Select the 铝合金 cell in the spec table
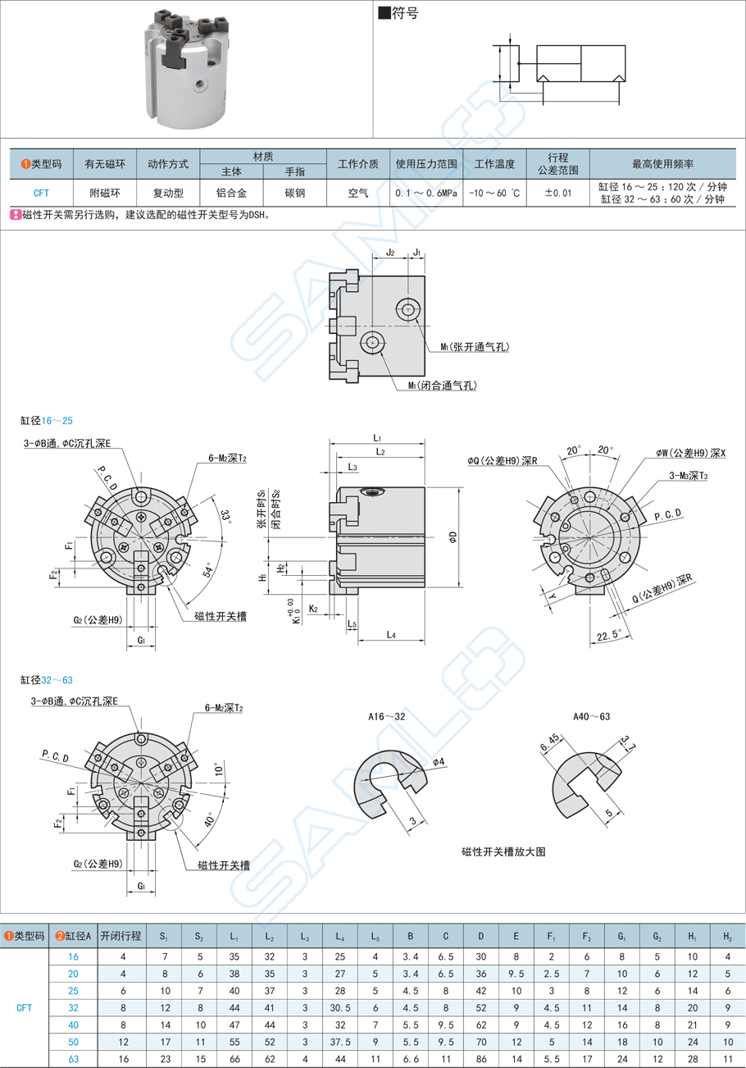231,193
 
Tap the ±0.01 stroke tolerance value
557,193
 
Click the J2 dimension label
390,253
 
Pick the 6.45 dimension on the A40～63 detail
548,743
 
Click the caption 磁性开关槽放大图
503,851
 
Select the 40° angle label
206,819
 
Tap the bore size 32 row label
73,1007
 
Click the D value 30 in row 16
480,956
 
